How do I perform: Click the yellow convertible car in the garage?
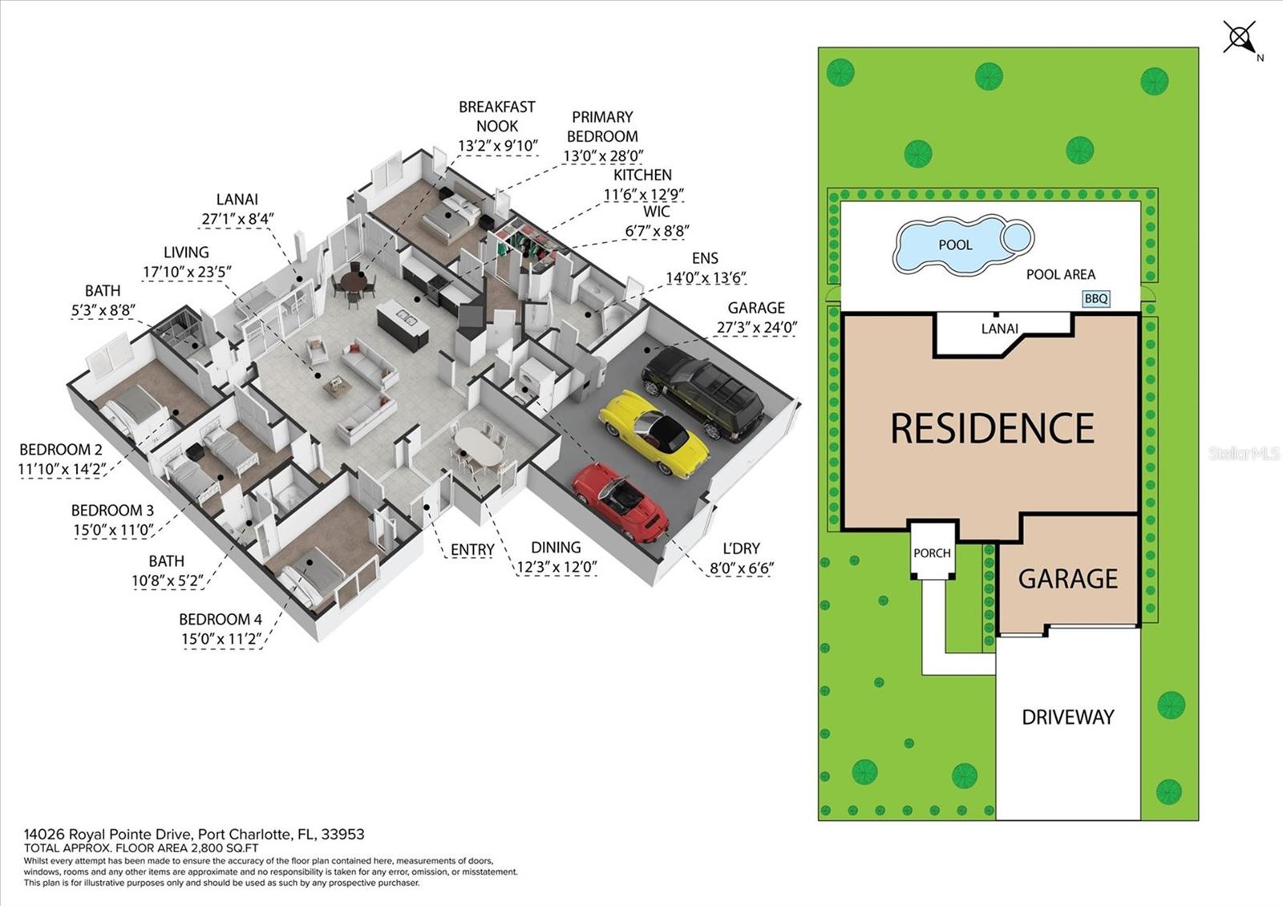click(654, 433)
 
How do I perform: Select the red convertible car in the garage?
click(620, 502)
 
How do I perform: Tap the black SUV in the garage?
click(702, 397)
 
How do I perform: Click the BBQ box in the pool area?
click(1095, 298)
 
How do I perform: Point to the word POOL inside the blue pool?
click(954, 245)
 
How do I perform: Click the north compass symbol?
click(1240, 38)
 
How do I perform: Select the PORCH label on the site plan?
click(932, 552)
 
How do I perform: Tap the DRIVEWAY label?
click(1067, 716)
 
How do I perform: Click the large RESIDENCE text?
click(992, 428)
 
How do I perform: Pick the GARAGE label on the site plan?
click(1067, 578)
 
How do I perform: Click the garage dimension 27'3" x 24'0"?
click(756, 327)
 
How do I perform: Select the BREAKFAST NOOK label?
click(497, 116)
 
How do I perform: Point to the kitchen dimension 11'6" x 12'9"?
click(643, 194)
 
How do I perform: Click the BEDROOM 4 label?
click(221, 619)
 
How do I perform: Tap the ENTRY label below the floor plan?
click(472, 549)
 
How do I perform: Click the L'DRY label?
click(740, 548)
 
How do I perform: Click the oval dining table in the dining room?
click(478, 446)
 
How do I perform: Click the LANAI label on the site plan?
click(999, 329)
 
